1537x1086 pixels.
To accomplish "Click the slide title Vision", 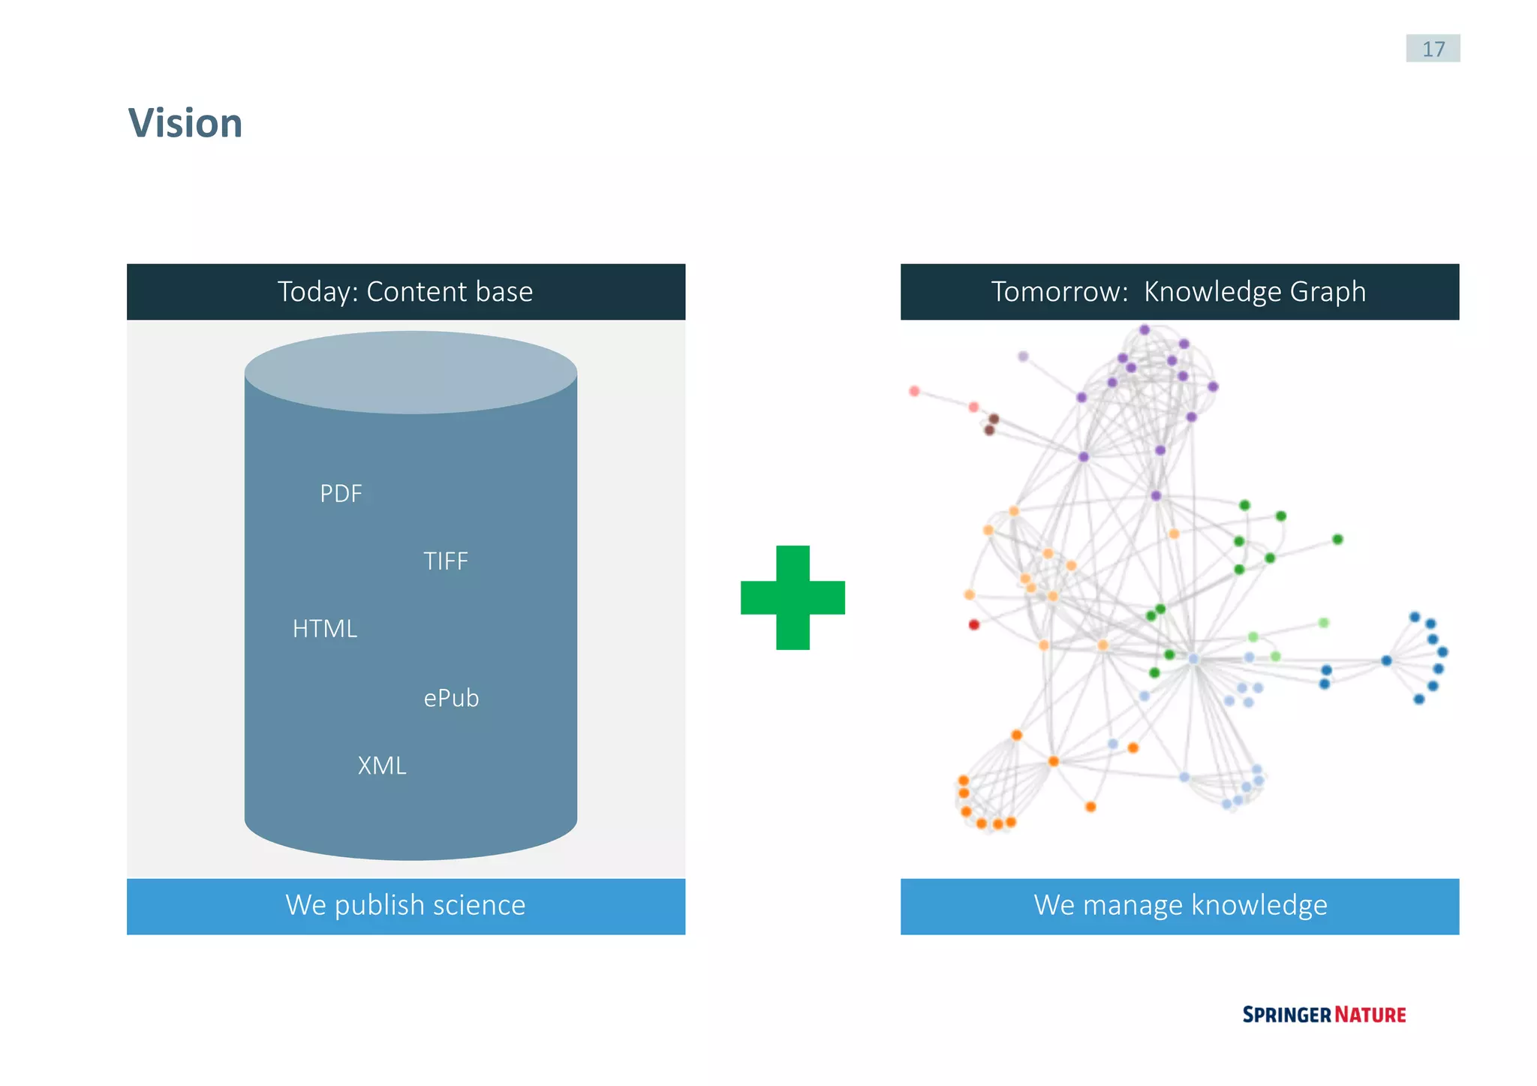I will (x=185, y=123).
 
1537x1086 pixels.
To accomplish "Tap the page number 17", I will (x=1433, y=49).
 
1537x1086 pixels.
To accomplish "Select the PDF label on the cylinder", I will (x=341, y=494).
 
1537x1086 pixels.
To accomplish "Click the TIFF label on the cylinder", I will (x=446, y=561).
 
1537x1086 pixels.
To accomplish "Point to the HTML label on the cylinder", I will (x=325, y=629).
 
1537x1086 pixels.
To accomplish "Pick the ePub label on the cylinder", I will (x=451, y=699).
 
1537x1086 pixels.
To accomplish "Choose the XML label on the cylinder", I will (x=382, y=766).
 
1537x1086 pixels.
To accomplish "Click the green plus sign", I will (x=793, y=597).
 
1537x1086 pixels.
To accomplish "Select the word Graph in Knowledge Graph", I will (x=1328, y=292).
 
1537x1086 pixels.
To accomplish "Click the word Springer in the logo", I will (x=1286, y=1015).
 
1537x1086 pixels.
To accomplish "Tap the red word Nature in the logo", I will (x=1370, y=1015).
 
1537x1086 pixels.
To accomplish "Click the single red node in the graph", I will (x=974, y=624).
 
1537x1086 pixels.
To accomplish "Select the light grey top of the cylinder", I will (x=411, y=372).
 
